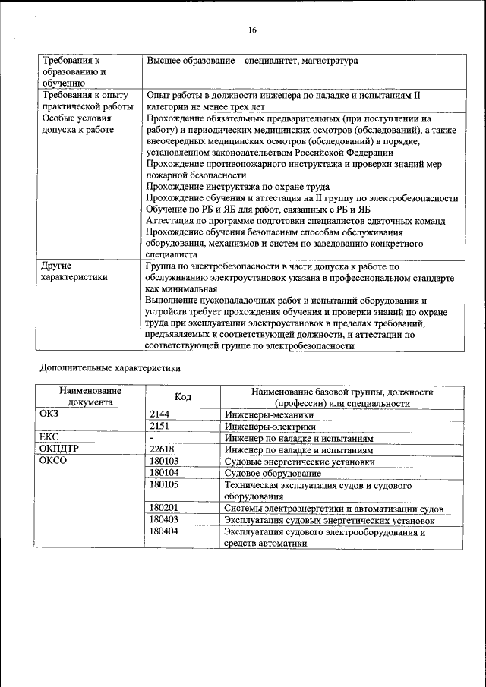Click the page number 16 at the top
(x=253, y=30)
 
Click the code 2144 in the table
(x=160, y=415)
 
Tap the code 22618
(x=163, y=449)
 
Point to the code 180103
(x=164, y=461)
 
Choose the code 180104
(x=164, y=472)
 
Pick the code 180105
(x=164, y=484)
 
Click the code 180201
(x=164, y=508)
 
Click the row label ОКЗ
(x=49, y=415)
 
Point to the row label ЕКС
(x=49, y=438)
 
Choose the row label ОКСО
(x=53, y=461)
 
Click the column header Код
(x=182, y=397)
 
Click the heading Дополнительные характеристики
(x=110, y=368)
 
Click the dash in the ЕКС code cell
(x=152, y=438)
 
